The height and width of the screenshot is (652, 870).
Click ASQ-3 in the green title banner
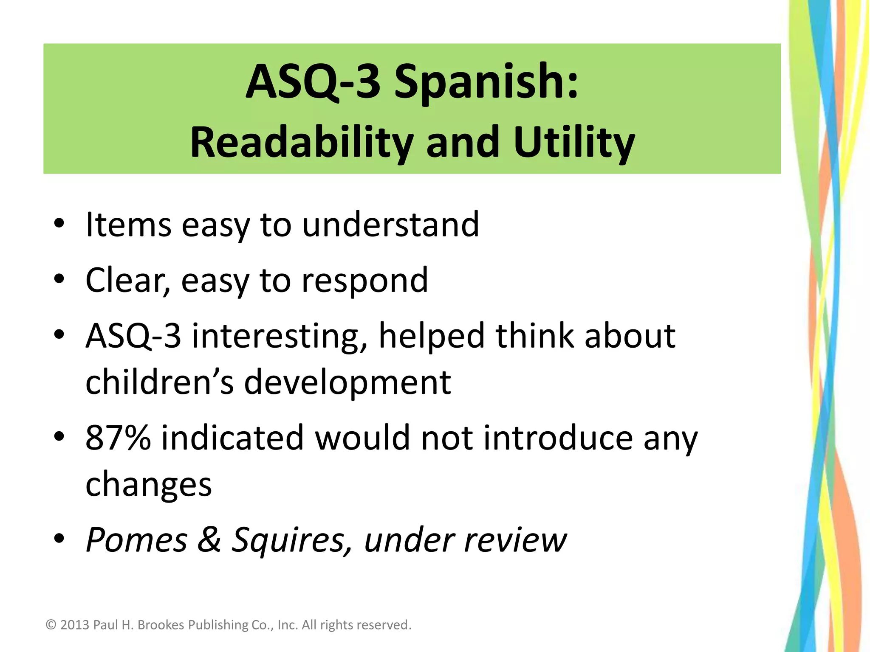(313, 81)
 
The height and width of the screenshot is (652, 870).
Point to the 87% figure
(118, 438)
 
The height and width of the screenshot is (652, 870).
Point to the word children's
(159, 382)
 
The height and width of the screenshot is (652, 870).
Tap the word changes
(148, 485)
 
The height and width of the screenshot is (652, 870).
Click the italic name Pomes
(136, 540)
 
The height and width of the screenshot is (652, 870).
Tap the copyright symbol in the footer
(51, 625)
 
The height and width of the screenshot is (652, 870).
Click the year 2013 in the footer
(75, 625)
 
